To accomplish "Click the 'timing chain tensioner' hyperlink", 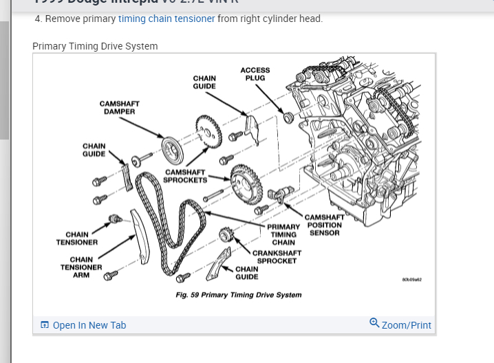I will coord(167,19).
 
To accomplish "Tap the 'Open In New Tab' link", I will coord(89,325).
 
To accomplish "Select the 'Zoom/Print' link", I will coord(406,325).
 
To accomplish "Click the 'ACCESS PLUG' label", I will coord(255,74).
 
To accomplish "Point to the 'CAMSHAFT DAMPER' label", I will coord(119,107).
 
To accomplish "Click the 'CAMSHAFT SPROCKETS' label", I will coord(185,176).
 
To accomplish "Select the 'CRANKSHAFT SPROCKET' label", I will coord(277,256).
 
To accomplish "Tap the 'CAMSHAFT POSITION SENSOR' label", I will coord(324,225).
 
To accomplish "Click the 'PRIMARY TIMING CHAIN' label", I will coord(283,234).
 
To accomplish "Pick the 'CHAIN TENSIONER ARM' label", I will coord(81,267).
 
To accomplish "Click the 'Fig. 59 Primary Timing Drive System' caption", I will coord(239,295).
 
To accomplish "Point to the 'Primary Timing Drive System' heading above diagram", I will coord(95,46).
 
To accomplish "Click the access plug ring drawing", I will coord(288,118).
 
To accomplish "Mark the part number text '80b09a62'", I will coord(411,280).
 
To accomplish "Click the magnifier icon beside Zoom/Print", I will coord(374,322).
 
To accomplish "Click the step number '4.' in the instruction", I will coord(39,19).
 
